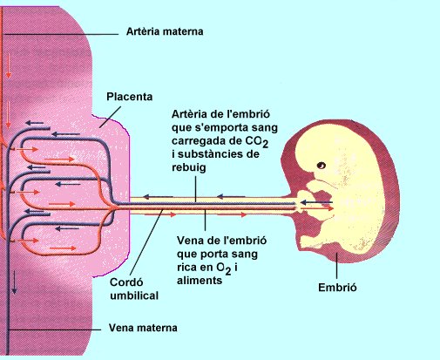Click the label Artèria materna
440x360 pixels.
165,31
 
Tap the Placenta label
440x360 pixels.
130,97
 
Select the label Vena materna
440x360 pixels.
143,328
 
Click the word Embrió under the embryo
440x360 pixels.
337,288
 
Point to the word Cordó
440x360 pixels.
126,282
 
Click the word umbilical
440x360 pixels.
134,295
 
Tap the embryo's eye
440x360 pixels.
321,166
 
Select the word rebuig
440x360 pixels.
189,167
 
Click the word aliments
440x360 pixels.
200,281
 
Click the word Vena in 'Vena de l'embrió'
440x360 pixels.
189,241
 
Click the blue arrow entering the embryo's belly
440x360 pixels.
316,202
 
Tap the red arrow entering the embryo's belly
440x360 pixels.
317,208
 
